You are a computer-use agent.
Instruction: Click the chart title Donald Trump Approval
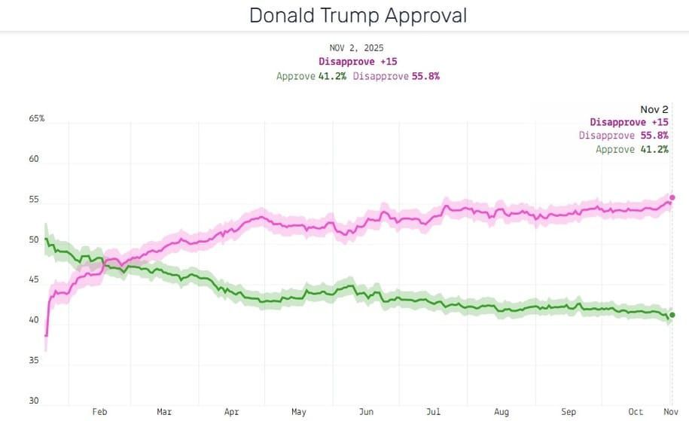point(358,15)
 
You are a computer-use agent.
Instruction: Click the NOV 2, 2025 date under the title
point(356,48)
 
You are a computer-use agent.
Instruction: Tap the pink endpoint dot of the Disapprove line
point(672,197)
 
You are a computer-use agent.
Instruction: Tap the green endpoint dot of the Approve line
point(672,315)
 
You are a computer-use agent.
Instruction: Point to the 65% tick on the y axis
point(37,119)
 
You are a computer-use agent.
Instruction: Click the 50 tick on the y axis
point(34,240)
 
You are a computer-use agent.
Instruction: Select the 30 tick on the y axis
point(34,401)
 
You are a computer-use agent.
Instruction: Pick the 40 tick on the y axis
point(34,320)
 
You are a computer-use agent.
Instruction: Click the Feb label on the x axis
point(99,412)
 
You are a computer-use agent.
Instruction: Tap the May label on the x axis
point(299,412)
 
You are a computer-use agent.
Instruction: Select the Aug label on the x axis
point(502,412)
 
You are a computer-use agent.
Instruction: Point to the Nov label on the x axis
point(669,412)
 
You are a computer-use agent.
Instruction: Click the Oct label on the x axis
point(636,412)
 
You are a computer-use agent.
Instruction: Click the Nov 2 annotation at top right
point(654,109)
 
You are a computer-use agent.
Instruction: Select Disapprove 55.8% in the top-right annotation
point(623,136)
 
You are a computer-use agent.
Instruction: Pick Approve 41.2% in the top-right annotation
point(632,149)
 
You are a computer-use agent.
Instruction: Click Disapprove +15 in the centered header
point(358,61)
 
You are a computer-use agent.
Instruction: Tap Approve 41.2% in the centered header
point(311,76)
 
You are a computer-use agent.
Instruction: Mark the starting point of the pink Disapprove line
point(46,336)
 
